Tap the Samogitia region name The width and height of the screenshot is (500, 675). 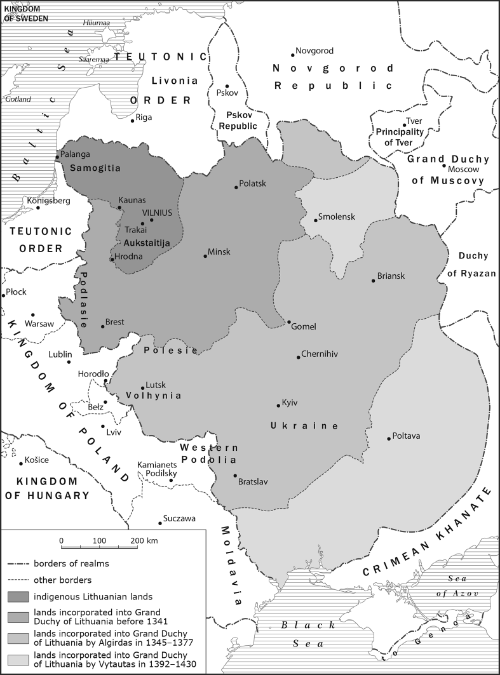93,169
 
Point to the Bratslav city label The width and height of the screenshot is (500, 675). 256,482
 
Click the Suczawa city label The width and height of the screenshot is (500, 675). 180,519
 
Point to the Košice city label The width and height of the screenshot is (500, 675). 38,460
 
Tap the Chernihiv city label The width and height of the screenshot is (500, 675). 323,357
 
